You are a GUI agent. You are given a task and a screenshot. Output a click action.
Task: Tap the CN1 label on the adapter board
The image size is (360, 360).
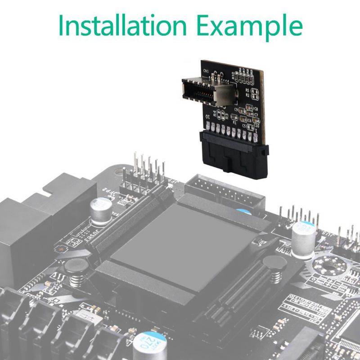pyautogui.click(x=206, y=71)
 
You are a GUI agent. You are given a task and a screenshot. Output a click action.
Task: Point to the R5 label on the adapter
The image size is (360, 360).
pyautogui.click(x=247, y=90)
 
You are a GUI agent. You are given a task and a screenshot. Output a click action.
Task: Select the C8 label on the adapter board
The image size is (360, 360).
pyautogui.click(x=256, y=109)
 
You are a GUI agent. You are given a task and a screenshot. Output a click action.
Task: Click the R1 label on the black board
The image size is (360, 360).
pyautogui.click(x=234, y=122)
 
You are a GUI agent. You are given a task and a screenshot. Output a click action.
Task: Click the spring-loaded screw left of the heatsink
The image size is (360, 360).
pyautogui.click(x=77, y=272)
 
